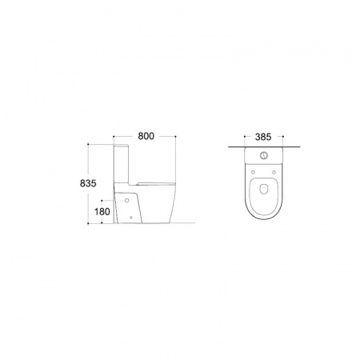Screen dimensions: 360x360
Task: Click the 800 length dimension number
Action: pyautogui.click(x=146, y=136)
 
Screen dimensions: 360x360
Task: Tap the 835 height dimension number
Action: pyautogui.click(x=88, y=183)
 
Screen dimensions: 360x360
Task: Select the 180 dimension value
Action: pyautogui.click(x=102, y=212)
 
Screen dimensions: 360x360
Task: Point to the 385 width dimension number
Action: pyautogui.click(x=263, y=137)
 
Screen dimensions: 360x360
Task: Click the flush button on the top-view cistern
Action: pyautogui.click(x=264, y=154)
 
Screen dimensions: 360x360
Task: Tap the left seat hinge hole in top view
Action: pyautogui.click(x=253, y=172)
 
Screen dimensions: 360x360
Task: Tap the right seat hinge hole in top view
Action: pyautogui.click(x=274, y=172)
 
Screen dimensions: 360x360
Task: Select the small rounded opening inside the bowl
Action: pyautogui.click(x=263, y=189)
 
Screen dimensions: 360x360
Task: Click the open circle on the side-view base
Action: pyautogui.click(x=127, y=200)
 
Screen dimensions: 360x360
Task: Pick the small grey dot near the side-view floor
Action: pyautogui.click(x=131, y=218)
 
